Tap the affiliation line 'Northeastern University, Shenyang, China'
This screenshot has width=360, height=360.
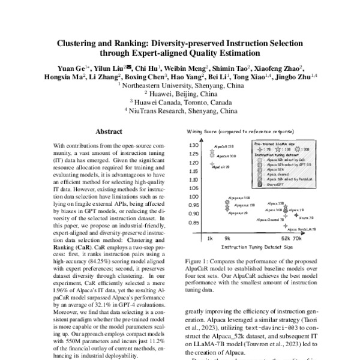click(x=180, y=86)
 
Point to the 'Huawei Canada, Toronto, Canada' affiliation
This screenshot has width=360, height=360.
click(x=180, y=103)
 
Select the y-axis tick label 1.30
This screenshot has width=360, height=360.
click(x=193, y=145)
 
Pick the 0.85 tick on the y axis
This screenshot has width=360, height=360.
click(x=193, y=222)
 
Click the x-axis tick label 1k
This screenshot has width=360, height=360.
click(x=210, y=238)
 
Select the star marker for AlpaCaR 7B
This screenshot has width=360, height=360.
click(x=212, y=164)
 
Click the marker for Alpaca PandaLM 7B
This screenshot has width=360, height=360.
click(x=287, y=226)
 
